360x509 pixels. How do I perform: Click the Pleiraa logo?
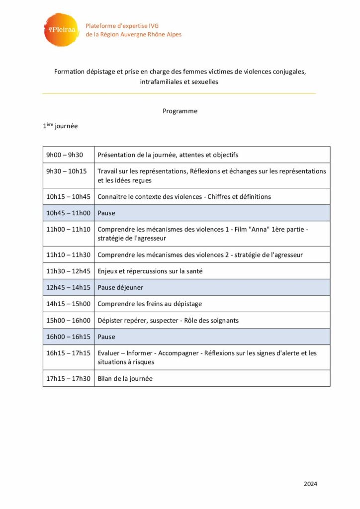click(x=61, y=30)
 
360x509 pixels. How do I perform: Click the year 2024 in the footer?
click(x=310, y=484)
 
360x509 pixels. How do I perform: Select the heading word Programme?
click(x=180, y=111)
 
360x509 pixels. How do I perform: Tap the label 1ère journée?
click(x=60, y=126)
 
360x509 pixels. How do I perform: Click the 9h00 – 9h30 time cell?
click(x=65, y=155)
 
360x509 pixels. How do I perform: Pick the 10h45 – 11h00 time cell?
click(x=68, y=213)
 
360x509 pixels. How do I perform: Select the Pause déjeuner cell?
click(x=120, y=287)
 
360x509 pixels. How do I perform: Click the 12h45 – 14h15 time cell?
click(x=68, y=287)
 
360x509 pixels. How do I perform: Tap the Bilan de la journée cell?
click(x=125, y=378)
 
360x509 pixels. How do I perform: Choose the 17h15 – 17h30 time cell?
click(x=68, y=378)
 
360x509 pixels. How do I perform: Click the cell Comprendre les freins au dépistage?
click(x=150, y=304)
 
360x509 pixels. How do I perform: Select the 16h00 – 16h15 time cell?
click(x=68, y=337)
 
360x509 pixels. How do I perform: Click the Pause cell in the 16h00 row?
click(x=106, y=337)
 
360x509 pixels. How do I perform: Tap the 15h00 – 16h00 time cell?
click(x=68, y=320)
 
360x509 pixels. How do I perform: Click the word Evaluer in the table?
click(x=109, y=353)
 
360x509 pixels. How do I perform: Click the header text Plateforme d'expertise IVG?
click(x=122, y=26)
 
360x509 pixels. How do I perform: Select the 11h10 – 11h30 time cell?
click(x=68, y=254)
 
